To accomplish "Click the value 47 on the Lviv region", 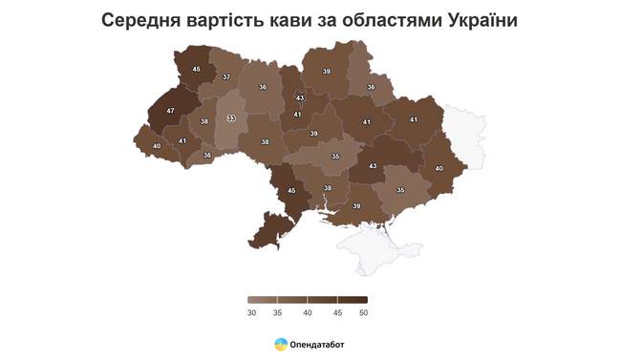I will click(170, 112).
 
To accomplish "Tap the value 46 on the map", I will click(196, 69).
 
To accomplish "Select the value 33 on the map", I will click(230, 119).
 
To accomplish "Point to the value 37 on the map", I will click(226, 77).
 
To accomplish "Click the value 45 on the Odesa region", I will click(292, 191).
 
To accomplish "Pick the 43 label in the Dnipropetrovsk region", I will click(373, 167).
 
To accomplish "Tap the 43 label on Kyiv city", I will click(300, 98).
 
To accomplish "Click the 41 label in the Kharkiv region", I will click(414, 119).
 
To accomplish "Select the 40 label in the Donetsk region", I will click(439, 169).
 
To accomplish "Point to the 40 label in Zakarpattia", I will click(157, 146).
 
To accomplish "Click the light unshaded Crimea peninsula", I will click(377, 250).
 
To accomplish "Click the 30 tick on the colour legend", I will click(252, 312).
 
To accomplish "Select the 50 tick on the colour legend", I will click(363, 312).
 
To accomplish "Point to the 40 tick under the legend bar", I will click(308, 312).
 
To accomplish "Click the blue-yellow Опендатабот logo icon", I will click(280, 344).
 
